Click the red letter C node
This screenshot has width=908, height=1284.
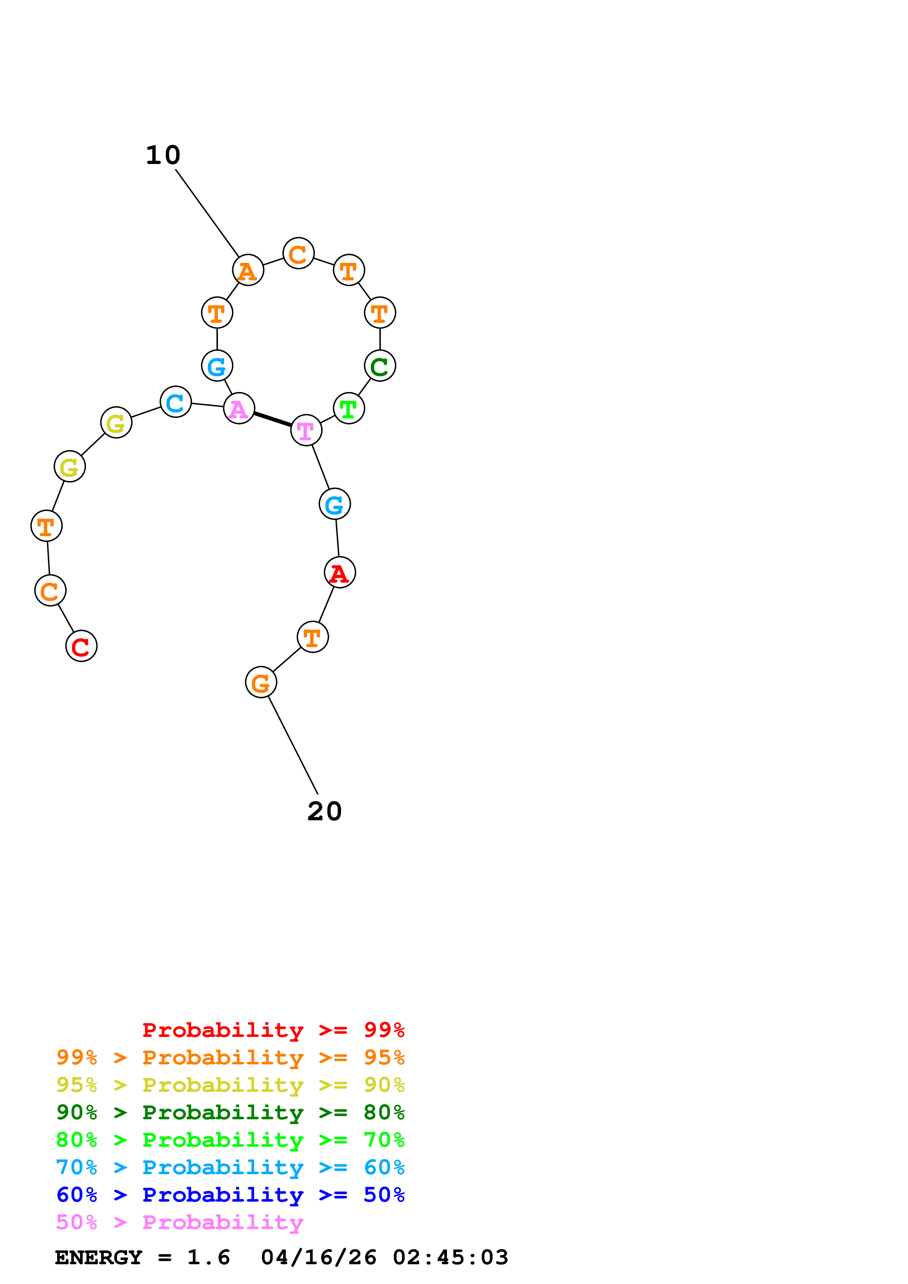pyautogui.click(x=81, y=646)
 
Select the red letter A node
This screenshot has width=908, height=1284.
pyautogui.click(x=340, y=573)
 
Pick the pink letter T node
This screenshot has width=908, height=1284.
pyautogui.click(x=306, y=430)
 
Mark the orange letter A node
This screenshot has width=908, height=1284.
pyautogui.click(x=248, y=270)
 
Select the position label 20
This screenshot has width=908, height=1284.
pyautogui.click(x=325, y=811)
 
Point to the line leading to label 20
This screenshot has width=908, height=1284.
pyautogui.click(x=293, y=745)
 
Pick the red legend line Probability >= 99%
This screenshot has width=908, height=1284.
pyautogui.click(x=273, y=1030)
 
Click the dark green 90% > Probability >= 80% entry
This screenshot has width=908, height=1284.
pyautogui.click(x=230, y=1112)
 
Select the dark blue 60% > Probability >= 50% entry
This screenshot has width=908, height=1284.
pyautogui.click(x=230, y=1195)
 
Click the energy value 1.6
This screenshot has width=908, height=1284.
pyautogui.click(x=208, y=1257)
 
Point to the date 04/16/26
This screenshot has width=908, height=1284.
pyautogui.click(x=318, y=1257)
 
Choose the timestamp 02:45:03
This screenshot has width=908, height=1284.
pyautogui.click(x=451, y=1257)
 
